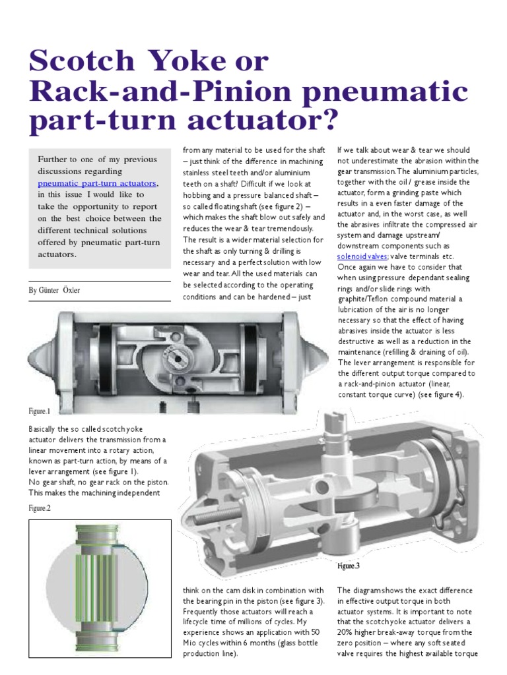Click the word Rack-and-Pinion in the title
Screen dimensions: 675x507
click(148, 92)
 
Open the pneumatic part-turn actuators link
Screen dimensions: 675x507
click(98, 183)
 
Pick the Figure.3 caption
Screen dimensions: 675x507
click(349, 566)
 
